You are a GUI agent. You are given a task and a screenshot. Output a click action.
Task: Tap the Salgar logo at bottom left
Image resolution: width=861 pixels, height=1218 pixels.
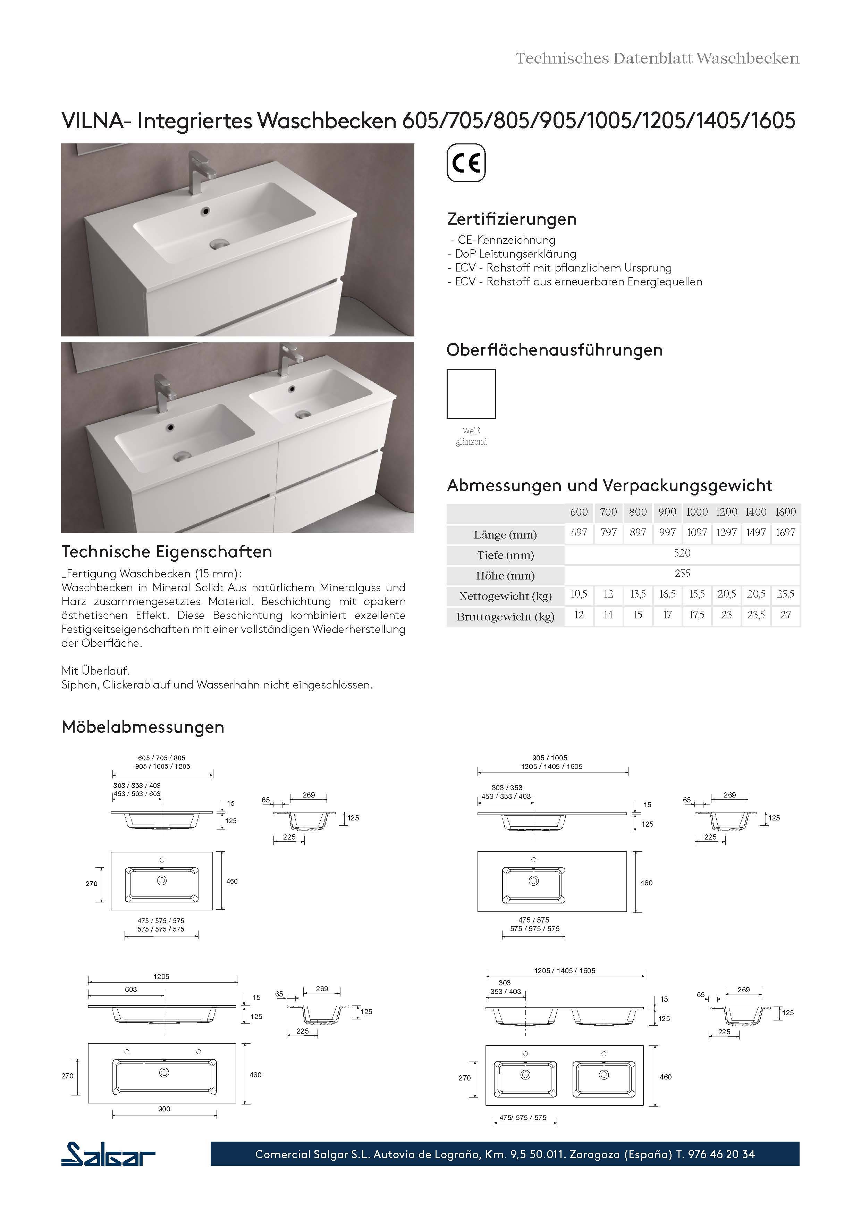108,1154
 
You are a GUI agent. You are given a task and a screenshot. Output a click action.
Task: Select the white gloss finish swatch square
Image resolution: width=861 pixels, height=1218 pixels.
471,394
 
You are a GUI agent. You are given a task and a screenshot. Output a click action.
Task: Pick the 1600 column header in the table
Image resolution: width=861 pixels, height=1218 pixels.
785,512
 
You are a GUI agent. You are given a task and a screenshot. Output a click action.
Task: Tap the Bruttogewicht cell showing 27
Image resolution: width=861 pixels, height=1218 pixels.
785,615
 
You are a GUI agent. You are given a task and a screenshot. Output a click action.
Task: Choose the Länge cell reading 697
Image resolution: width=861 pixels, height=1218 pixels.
579,533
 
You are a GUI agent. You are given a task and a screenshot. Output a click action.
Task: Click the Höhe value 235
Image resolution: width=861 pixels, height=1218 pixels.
682,574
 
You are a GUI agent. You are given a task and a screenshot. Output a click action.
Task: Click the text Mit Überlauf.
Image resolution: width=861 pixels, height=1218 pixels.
95,671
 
